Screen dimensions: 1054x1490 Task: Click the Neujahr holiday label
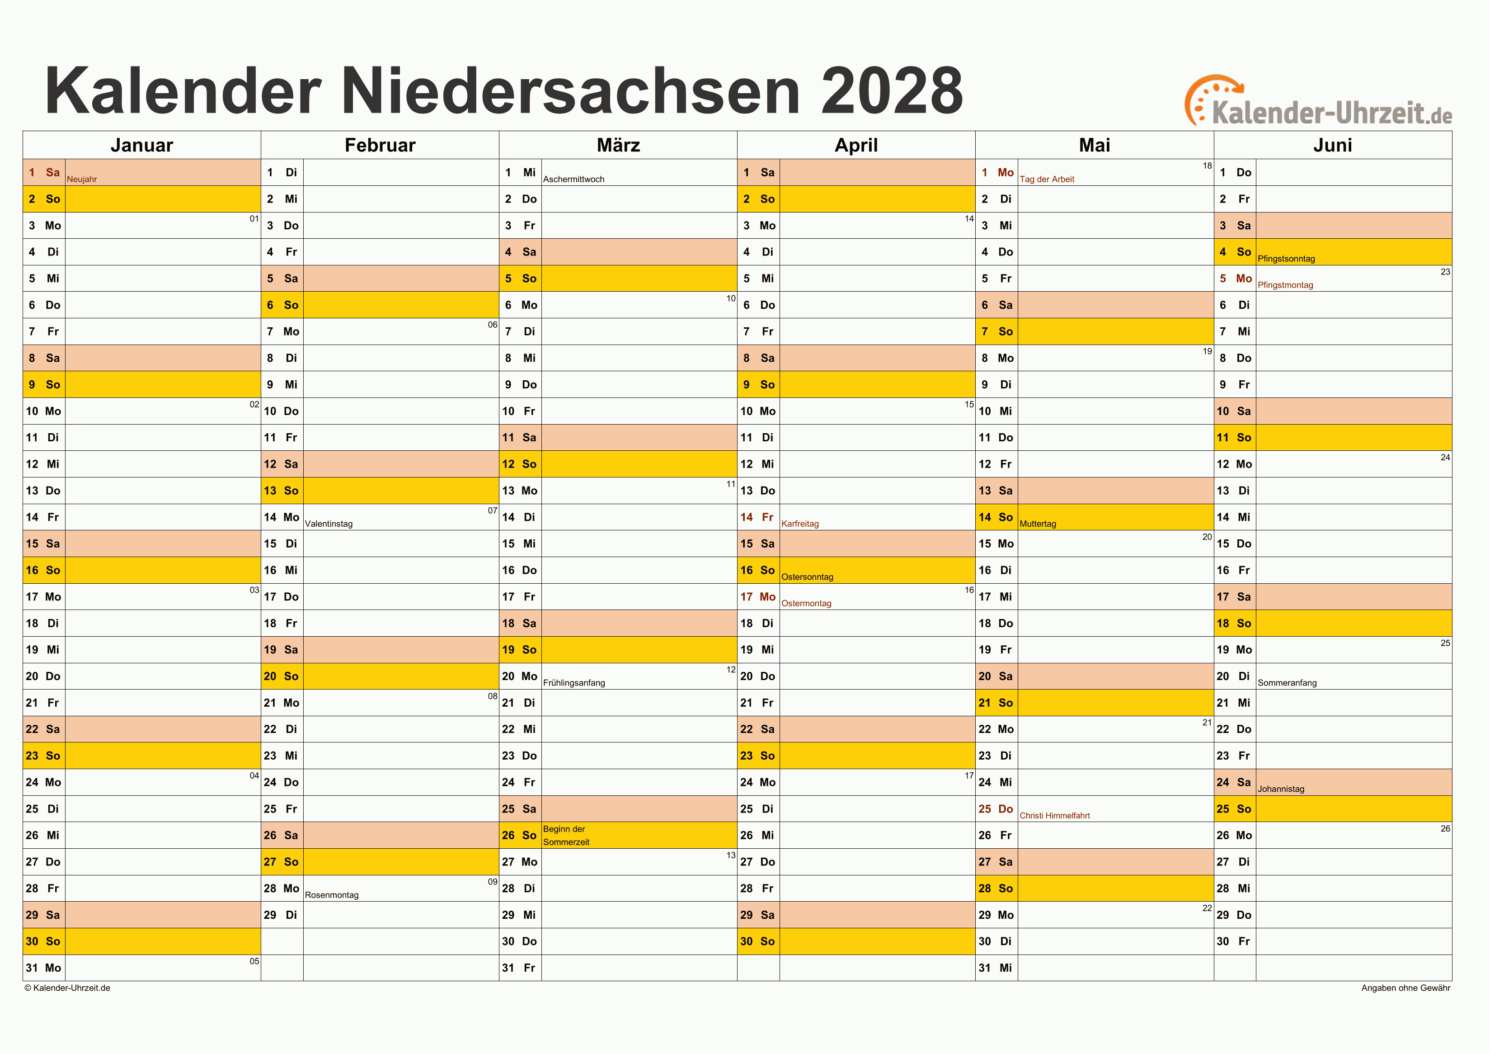[x=82, y=179]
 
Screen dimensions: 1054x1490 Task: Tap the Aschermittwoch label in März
[x=573, y=179]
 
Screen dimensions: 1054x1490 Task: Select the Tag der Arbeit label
[x=1046, y=179]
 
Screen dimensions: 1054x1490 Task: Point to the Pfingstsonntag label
[x=1286, y=259]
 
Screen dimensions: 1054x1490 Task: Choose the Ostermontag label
[x=805, y=603]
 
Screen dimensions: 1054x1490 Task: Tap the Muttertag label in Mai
[x=1037, y=524]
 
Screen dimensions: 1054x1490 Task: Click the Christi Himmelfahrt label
[x=1054, y=816]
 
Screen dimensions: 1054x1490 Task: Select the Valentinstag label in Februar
[x=329, y=524]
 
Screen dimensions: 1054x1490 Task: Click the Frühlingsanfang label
[x=573, y=682]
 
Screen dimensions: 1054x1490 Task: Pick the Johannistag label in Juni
[x=1280, y=789]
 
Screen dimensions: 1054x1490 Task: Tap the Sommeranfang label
[x=1287, y=682]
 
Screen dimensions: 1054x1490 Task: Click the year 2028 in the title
[x=892, y=91]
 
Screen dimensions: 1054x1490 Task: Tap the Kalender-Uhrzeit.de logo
[x=1317, y=104]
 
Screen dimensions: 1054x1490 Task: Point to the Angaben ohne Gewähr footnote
[x=1405, y=988]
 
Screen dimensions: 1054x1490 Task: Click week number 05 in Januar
[x=254, y=961]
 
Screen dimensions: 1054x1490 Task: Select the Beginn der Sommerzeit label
[x=566, y=835]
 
